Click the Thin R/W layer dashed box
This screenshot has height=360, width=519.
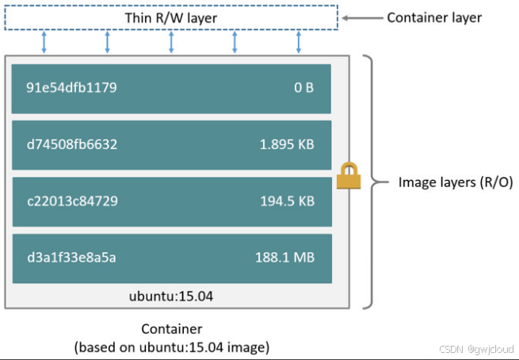pyautogui.click(x=171, y=17)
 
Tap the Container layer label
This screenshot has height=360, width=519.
pyautogui.click(x=433, y=17)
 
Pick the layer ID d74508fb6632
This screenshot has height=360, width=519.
pyautogui.click(x=72, y=144)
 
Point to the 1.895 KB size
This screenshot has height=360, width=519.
pyautogui.click(x=287, y=144)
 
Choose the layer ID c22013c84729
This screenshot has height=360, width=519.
pyautogui.click(x=72, y=201)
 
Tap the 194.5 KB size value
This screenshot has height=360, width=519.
pyautogui.click(x=287, y=201)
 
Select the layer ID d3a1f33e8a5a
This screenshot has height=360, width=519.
pyautogui.click(x=72, y=258)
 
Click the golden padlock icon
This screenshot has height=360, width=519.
pyautogui.click(x=349, y=176)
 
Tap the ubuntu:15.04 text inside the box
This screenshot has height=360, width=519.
pyautogui.click(x=171, y=297)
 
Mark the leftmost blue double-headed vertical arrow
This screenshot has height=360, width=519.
pyautogui.click(x=44, y=43)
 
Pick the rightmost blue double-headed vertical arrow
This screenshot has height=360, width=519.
pyautogui.click(x=299, y=43)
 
